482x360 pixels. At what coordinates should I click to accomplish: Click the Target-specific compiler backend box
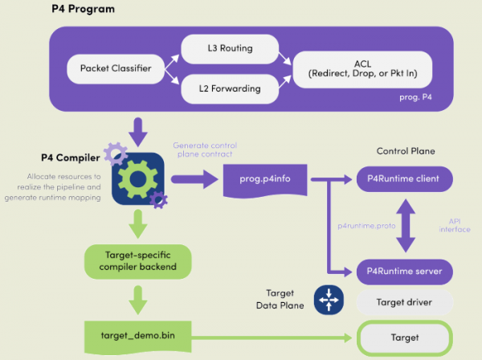point(137,260)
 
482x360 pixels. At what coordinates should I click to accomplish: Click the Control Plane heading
point(405,152)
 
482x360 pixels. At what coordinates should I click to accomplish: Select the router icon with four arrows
point(329,301)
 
